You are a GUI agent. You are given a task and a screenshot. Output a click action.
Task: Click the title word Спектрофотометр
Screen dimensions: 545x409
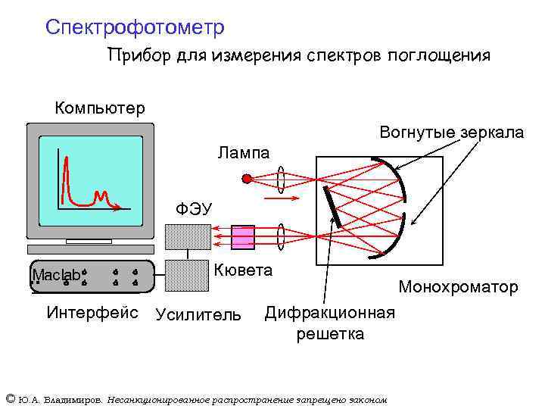coord(135,28)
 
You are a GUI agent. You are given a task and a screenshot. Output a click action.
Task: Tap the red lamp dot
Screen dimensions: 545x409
coord(246,180)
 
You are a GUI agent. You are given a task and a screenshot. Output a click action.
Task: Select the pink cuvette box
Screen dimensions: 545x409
coord(244,238)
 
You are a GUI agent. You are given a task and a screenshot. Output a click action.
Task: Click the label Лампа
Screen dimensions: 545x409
coord(244,153)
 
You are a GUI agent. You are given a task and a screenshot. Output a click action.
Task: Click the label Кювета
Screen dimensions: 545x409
coord(244,270)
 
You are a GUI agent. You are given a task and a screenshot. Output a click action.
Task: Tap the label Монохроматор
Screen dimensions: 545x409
coord(458,287)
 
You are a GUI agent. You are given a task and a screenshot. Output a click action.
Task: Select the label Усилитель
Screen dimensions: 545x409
coord(198,314)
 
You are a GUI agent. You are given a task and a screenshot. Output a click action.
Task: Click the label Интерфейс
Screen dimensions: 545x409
coord(92,311)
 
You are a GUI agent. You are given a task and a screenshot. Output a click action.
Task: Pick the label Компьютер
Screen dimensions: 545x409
coord(100,108)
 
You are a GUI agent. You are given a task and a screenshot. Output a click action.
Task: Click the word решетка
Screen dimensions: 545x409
coord(330,333)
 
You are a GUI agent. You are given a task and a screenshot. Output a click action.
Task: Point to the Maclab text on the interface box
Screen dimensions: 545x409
coord(56,276)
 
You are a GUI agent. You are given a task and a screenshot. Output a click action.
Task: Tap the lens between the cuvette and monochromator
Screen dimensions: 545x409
coord(281,238)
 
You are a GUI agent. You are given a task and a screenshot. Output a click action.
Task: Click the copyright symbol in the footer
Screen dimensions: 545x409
coord(10,399)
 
